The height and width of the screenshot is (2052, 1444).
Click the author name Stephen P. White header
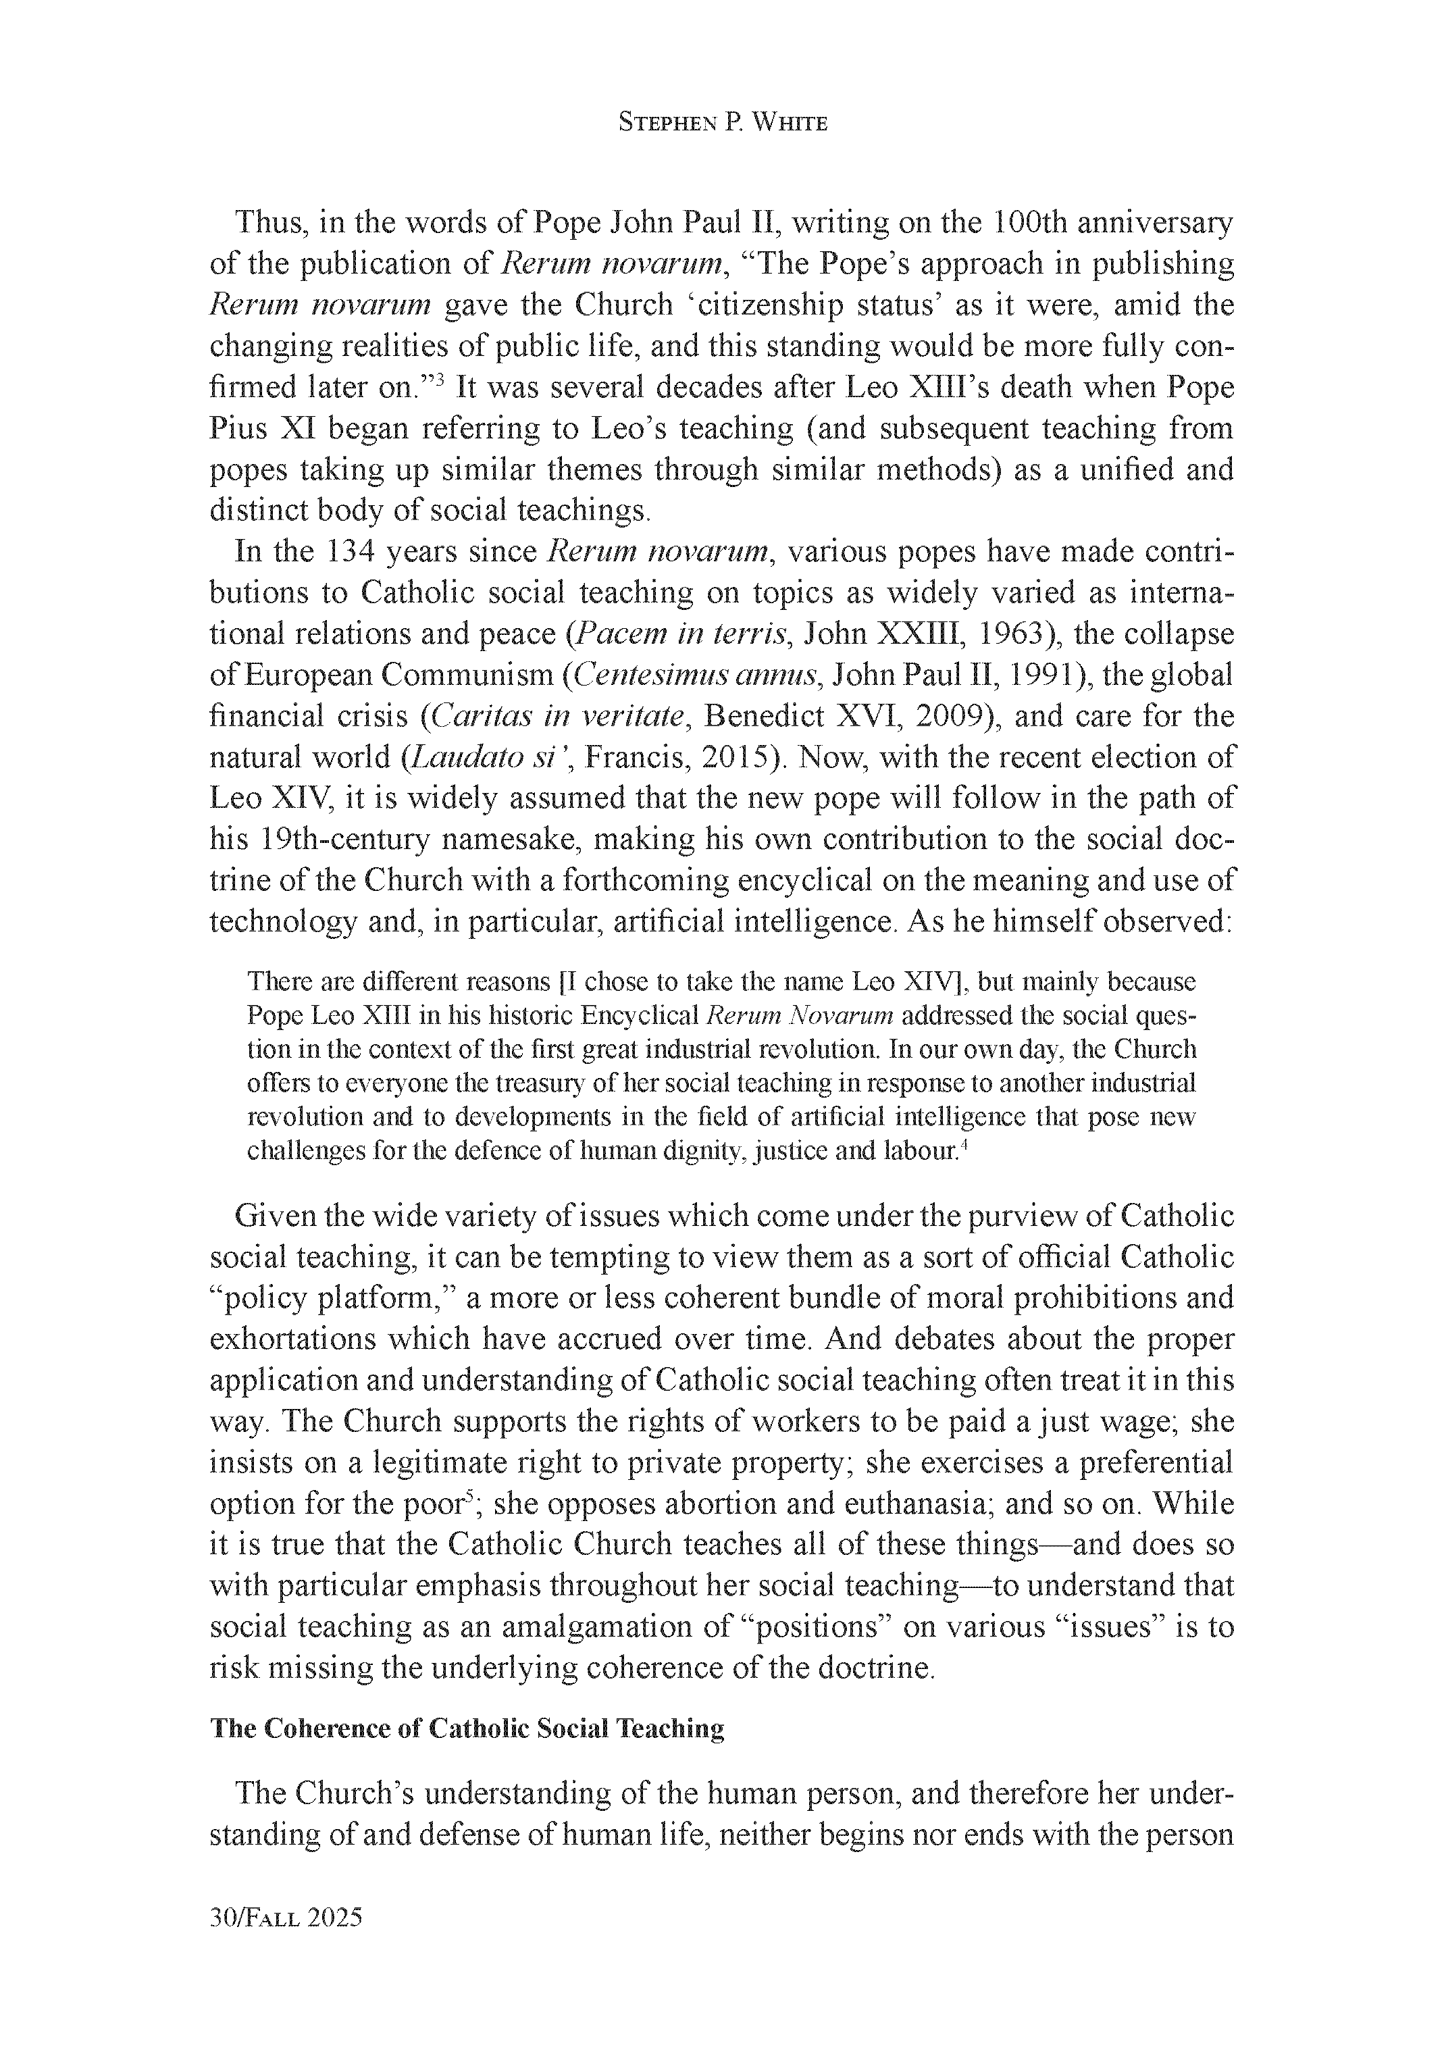pyautogui.click(x=722, y=124)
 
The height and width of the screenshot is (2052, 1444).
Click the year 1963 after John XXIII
pyautogui.click(x=1013, y=634)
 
